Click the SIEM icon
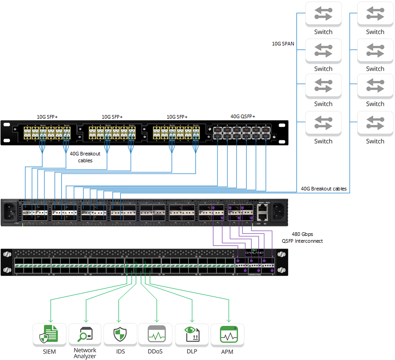49,335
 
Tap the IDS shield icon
120,335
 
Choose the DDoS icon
155,335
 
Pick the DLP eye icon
192,335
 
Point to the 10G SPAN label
283,44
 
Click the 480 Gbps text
302,234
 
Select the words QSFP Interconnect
302,241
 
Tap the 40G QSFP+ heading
243,116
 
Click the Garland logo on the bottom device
254,252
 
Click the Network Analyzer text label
85,353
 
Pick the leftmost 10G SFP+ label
47,116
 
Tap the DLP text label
192,351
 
